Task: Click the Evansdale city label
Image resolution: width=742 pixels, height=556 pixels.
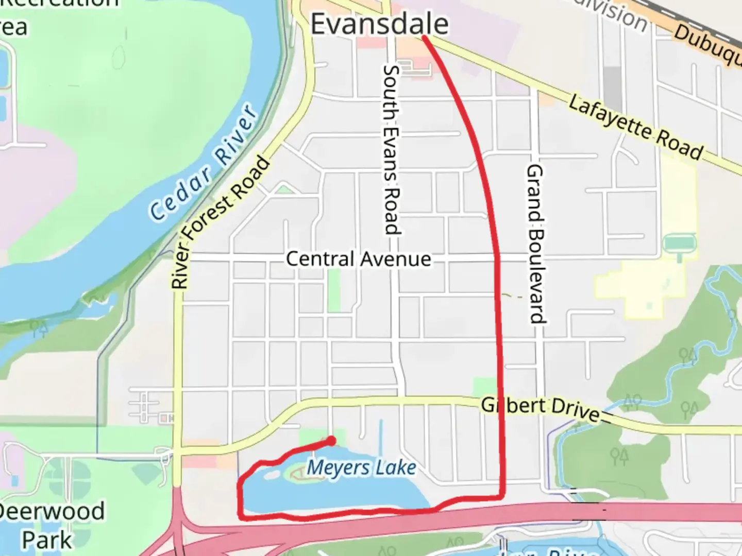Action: tap(379, 24)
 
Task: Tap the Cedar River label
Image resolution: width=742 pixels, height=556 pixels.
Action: tap(204, 164)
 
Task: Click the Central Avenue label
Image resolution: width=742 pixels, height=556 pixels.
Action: tap(358, 258)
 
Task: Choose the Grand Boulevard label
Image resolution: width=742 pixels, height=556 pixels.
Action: tap(536, 244)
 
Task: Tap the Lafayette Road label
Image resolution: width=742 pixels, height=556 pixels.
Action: tap(636, 127)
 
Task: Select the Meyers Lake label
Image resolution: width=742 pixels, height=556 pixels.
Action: tap(361, 468)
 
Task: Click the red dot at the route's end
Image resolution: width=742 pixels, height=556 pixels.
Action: tap(332, 441)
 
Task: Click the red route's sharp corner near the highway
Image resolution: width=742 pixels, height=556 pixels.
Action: tap(502, 496)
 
